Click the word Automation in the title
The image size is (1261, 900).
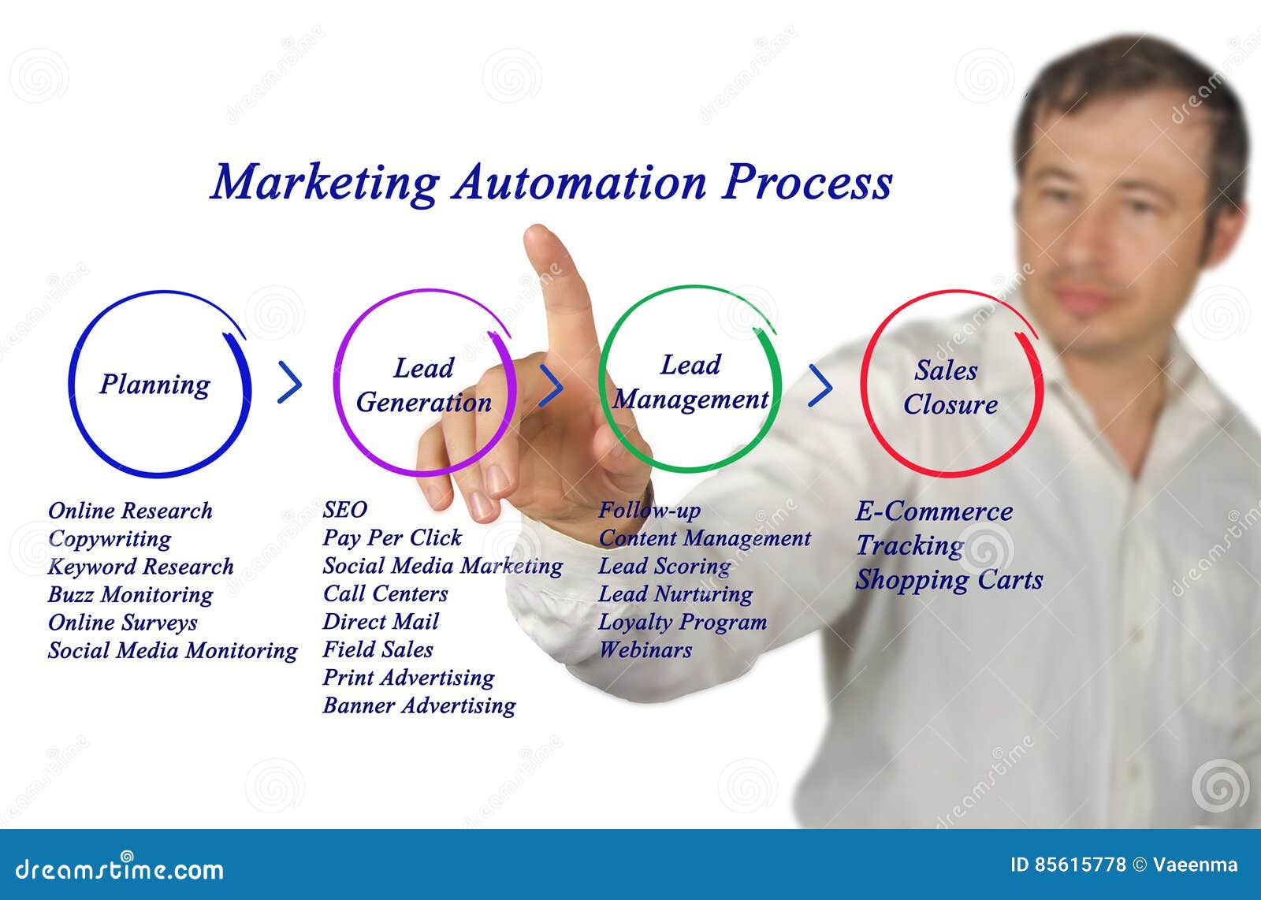coord(579,183)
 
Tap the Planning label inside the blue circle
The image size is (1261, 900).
coord(155,385)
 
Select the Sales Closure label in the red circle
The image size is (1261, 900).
coord(950,388)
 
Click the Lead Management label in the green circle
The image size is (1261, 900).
coord(690,383)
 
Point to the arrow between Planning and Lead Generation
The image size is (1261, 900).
coord(290,383)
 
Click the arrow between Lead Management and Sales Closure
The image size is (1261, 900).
coord(820,385)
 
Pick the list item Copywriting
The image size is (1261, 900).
coord(110,539)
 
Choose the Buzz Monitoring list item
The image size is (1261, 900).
coord(130,595)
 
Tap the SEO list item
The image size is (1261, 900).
coord(344,510)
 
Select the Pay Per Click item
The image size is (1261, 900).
coord(392,538)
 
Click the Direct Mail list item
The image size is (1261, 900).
coord(381,622)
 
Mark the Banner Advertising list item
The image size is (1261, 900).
coord(419,705)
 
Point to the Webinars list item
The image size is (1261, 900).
coord(645,650)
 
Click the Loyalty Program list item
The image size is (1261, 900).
coord(683,622)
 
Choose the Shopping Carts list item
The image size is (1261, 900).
coord(949,580)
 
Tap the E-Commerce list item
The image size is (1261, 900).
coord(934,511)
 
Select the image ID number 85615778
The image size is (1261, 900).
coord(1068,865)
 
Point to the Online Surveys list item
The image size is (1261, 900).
coord(123,623)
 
